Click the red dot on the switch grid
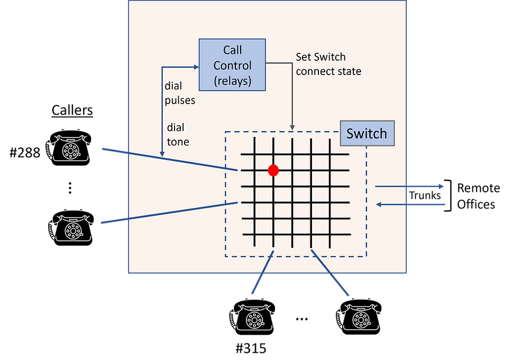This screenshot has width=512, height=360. (273, 170)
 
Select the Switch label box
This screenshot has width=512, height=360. (367, 134)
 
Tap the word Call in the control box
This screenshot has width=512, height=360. (232, 50)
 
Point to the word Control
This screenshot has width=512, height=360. (232, 66)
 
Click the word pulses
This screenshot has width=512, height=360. (180, 100)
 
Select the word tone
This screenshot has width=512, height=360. (178, 142)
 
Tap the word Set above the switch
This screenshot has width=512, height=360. (304, 57)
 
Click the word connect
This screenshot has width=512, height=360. (314, 71)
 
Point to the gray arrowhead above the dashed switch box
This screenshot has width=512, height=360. (292, 127)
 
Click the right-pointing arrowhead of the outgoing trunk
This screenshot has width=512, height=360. (442, 186)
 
